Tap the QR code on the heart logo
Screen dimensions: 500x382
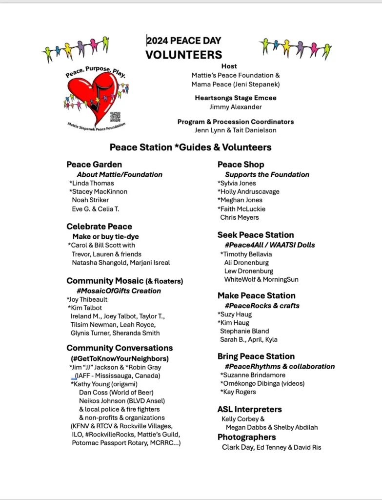coord(115,117)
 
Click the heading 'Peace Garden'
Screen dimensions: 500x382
coord(94,165)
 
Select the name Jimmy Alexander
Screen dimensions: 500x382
coord(236,107)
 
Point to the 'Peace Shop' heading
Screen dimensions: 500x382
coord(241,165)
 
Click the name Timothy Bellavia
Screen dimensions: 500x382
coord(246,254)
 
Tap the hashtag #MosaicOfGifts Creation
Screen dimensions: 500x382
coord(119,291)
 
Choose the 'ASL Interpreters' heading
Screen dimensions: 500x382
coord(250,409)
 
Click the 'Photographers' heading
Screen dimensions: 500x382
coord(247,437)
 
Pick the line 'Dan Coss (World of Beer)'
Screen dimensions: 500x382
coord(116,392)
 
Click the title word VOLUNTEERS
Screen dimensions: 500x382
coord(183,55)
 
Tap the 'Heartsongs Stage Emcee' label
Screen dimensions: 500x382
coord(236,98)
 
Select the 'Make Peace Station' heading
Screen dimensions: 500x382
coord(257,295)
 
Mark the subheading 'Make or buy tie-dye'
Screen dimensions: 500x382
coord(109,236)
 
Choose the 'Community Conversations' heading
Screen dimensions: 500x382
coord(120,348)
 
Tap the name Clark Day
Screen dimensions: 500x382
coord(238,447)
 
